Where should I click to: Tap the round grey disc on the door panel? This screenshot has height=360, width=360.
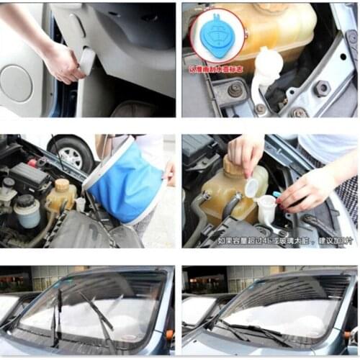pyautogui.click(x=17, y=83)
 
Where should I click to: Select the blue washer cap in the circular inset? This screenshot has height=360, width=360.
pyautogui.click(x=217, y=40)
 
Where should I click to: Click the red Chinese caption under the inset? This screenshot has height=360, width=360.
pyautogui.click(x=217, y=70)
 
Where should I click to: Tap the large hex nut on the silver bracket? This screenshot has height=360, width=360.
pyautogui.click(x=321, y=89)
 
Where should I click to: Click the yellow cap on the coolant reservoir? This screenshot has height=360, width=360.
pyautogui.click(x=63, y=185)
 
